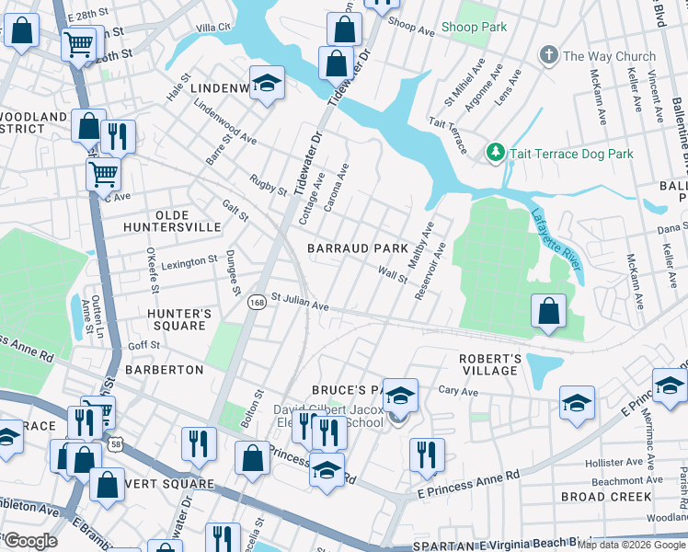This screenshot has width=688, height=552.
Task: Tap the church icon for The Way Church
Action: (549, 56)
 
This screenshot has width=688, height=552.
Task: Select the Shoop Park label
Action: (473, 28)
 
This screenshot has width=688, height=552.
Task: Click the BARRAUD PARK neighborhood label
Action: (357, 248)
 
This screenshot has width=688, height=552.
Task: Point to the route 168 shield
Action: (258, 303)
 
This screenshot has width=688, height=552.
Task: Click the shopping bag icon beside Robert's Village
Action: (549, 311)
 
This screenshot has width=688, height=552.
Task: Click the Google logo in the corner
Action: (29, 541)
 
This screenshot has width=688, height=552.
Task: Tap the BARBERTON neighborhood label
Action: (164, 370)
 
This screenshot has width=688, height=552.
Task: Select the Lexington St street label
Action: (189, 263)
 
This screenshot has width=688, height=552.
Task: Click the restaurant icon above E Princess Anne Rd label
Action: (427, 454)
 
